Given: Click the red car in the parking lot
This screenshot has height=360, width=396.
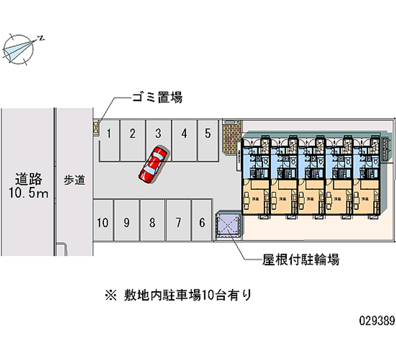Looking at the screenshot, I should tap(153, 164).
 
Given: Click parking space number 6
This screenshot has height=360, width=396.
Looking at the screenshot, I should tap(201, 222).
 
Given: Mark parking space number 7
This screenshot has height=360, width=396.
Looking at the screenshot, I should tap(178, 222).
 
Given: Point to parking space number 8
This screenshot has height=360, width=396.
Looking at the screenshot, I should tap(152, 222).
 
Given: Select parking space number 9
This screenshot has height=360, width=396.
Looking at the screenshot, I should tap(127, 222).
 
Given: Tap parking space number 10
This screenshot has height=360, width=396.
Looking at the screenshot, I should tap(102, 222).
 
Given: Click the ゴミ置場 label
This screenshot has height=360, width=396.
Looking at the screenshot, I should tap(157, 98).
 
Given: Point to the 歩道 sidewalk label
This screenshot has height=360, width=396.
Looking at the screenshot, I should tap(74, 180).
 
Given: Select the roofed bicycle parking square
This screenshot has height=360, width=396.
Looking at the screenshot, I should tap(228, 225).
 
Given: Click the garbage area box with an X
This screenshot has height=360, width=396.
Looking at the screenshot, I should tap(96, 128).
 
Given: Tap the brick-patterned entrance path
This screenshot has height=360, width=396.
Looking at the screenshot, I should tap(230, 138).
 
